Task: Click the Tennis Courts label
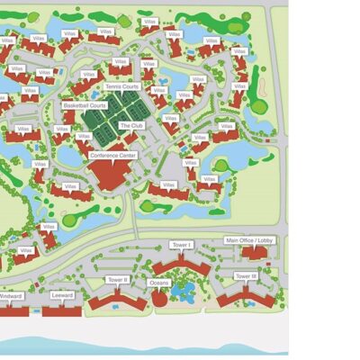(x=121, y=86)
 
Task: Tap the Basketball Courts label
(x=85, y=104)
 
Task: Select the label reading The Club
(x=132, y=125)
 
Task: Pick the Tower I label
(x=181, y=245)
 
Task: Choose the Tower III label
(x=246, y=275)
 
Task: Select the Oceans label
(x=159, y=283)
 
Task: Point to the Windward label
(x=11, y=295)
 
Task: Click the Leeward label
(x=63, y=295)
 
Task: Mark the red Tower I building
(x=181, y=265)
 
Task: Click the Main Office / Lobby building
(x=255, y=253)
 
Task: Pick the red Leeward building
(x=62, y=310)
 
